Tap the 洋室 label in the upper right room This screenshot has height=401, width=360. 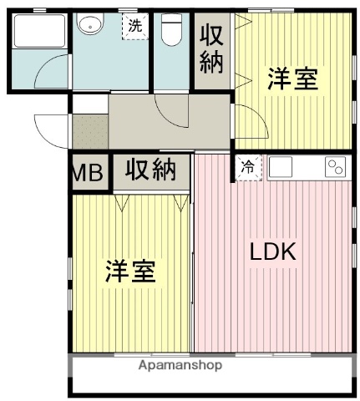click(292, 80)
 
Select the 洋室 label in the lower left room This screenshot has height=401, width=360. click(130, 272)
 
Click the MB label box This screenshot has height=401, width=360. click(89, 173)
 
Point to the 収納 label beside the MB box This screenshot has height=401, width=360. click(151, 170)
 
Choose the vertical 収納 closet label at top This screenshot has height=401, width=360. click(211, 51)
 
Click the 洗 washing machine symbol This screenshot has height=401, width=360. click(134, 26)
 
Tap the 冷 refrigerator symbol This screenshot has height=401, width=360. click(248, 167)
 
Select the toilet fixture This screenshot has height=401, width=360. click(171, 31)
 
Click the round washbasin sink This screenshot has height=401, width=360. click(89, 26)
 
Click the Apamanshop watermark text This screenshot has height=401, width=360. click(180, 365)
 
